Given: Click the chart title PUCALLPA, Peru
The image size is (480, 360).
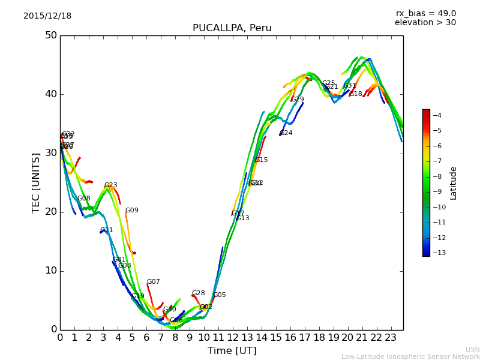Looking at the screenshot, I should click(232, 28).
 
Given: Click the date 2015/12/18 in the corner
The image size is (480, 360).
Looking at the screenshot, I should click(47, 16).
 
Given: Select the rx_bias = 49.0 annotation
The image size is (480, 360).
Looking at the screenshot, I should click(425, 14).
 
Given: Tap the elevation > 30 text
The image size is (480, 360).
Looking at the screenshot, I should click(425, 23).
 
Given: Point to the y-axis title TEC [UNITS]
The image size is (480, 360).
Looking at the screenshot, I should click(36, 182).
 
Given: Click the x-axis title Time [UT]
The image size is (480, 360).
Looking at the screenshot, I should click(232, 351).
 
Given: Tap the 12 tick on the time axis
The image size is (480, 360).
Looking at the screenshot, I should click(232, 337).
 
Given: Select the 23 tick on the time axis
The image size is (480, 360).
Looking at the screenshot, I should click(391, 337).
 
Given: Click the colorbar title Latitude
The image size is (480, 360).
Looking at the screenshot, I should click(454, 183).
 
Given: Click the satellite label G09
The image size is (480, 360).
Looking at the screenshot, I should click(132, 211).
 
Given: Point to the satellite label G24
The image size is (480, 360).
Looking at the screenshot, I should click(286, 133).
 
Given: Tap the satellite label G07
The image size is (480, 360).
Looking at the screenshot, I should click(154, 282).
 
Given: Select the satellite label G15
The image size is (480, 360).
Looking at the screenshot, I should click(262, 160).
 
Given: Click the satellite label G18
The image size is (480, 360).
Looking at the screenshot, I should click(356, 94).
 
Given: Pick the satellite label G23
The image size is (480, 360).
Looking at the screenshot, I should click(111, 185).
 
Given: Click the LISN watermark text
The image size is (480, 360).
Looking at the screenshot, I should click(473, 349).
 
